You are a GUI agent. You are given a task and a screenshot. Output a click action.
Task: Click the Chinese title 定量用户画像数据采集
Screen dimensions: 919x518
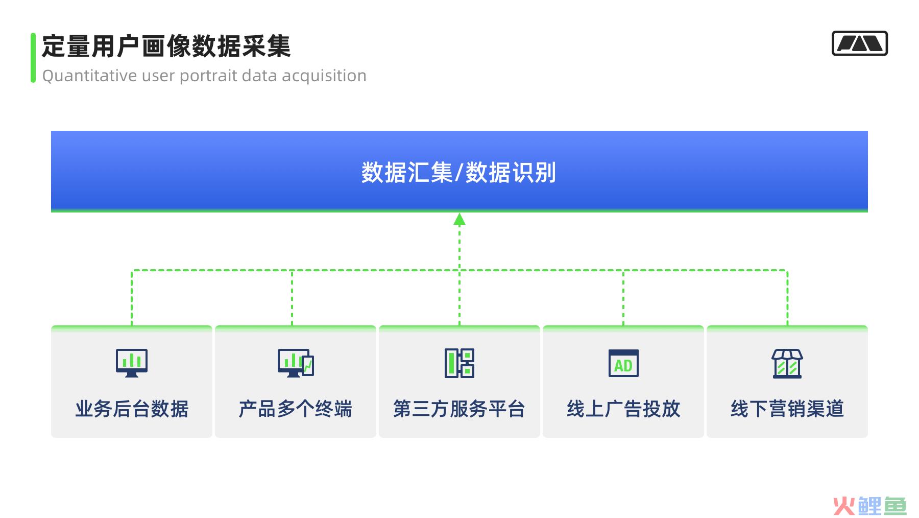[x=166, y=46]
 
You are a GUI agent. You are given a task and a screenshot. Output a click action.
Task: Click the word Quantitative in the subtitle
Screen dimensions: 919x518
[x=90, y=76]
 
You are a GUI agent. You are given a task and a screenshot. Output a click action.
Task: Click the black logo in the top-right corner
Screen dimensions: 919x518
[x=860, y=43]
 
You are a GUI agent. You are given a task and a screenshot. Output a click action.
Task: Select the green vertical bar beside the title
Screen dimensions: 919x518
[x=33, y=58]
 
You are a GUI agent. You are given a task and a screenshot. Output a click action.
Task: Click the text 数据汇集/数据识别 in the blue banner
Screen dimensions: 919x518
[x=459, y=172]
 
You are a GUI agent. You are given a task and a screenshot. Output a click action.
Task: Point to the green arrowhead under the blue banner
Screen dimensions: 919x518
[x=459, y=219]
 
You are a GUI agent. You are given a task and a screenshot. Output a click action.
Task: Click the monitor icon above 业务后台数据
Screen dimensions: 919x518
[x=132, y=363]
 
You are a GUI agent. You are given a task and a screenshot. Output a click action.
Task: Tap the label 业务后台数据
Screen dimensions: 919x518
[x=132, y=409]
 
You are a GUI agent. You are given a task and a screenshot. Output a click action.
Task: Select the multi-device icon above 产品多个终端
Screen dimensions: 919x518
[x=296, y=363]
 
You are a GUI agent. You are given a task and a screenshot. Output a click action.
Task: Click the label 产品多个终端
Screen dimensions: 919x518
[x=296, y=409]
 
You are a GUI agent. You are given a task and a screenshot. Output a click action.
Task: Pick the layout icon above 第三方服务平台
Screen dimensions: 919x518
[x=459, y=363]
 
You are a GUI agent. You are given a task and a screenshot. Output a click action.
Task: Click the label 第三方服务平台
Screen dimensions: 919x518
[x=459, y=409]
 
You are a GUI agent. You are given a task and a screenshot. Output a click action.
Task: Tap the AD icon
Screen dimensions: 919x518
[x=623, y=363]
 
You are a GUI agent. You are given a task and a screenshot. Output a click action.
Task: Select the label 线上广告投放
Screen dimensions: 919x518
[x=623, y=409]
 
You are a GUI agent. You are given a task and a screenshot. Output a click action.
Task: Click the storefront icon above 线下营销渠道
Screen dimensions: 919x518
[x=787, y=363]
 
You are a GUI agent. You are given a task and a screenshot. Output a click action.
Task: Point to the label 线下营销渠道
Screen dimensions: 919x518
[x=787, y=409]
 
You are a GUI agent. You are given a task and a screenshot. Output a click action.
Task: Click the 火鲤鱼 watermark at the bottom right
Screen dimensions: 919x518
[x=869, y=506]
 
